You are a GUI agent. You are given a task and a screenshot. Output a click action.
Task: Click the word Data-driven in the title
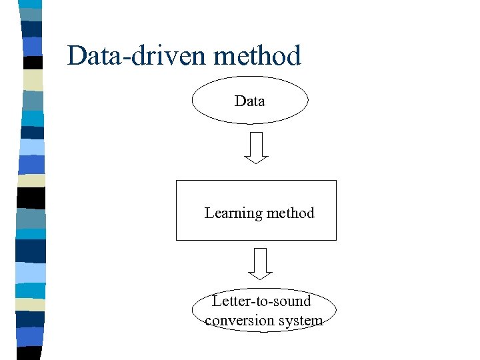point(137,56)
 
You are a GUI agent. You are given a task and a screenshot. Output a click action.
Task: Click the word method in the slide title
point(257,56)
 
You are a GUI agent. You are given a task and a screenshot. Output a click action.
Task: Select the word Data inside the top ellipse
point(250,101)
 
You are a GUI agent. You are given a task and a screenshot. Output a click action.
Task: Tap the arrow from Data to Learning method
point(256,147)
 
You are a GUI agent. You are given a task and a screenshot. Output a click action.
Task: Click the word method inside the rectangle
point(289,213)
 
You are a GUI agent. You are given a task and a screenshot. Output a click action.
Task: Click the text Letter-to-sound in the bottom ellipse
point(261,301)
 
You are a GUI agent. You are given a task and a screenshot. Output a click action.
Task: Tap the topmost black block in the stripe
point(32,63)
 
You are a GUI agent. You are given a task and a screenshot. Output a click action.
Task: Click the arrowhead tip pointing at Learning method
point(256,163)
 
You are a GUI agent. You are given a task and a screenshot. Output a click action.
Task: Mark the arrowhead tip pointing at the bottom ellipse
point(260,279)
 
